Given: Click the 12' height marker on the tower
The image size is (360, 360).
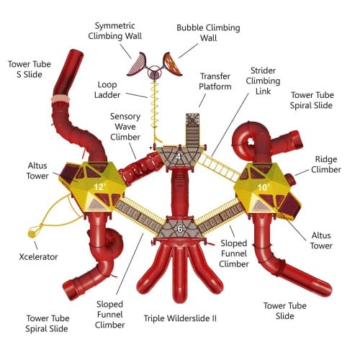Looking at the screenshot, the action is click(99, 186).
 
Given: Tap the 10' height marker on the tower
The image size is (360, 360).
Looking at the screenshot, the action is click(264, 186).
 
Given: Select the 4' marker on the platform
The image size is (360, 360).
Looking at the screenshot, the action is click(179, 156).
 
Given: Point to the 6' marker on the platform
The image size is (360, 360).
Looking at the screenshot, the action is click(181, 229).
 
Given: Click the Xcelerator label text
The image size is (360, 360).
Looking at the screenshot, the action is click(38, 257).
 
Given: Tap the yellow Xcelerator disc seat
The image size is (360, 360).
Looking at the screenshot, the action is click(32, 233).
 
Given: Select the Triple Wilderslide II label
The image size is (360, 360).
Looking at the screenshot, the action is click(180, 318).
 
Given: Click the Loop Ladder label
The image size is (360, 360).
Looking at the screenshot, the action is click(107, 90).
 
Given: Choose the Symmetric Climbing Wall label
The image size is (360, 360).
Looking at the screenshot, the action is click(115, 31).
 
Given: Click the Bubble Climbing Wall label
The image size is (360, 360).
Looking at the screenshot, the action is click(208, 32).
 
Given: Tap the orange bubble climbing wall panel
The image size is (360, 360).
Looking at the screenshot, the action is click(172, 63).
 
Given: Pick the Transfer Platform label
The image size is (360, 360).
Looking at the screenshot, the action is click(215, 81).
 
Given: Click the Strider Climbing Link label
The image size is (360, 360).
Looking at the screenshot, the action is click(263, 81).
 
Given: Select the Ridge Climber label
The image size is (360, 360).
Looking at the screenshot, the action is click(326, 164).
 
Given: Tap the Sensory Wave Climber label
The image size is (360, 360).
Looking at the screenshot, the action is click(125, 127).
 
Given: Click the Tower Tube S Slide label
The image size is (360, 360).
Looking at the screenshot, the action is click(30, 69).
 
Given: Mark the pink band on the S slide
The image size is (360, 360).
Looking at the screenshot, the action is click(60, 99).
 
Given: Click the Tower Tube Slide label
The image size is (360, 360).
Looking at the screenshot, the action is click(285, 311).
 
